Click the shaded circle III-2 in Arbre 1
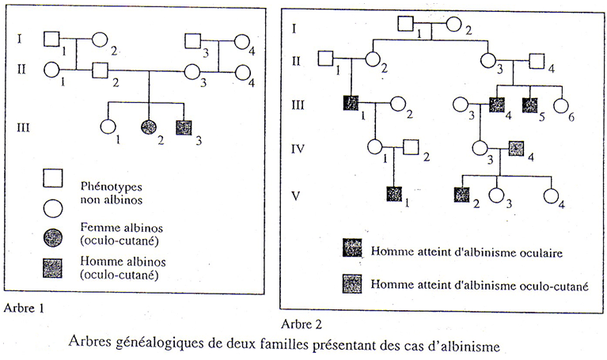(148, 127)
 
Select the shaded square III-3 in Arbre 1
(184, 127)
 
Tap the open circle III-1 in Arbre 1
(108, 127)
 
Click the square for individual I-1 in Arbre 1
(51, 39)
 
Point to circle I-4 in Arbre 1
(242, 42)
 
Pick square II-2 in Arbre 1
(101, 70)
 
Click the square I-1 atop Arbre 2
(406, 24)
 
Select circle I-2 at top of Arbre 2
(453, 25)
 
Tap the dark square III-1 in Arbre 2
(351, 103)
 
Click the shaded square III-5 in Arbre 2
(529, 105)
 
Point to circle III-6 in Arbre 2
(561, 107)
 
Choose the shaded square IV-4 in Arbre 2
(516, 148)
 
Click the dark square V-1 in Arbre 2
(394, 194)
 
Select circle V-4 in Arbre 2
(552, 196)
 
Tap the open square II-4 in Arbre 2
(537, 61)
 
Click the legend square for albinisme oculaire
(352, 248)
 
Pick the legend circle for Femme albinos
(53, 237)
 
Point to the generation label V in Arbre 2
(295, 196)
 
